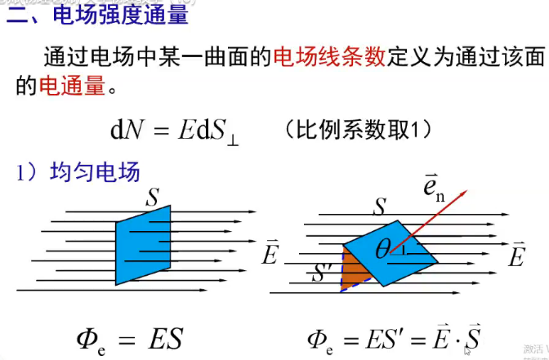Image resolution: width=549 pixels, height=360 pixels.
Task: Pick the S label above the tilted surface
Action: pyautogui.click(x=379, y=207)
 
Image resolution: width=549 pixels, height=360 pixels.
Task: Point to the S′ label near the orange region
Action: pyautogui.click(x=322, y=273)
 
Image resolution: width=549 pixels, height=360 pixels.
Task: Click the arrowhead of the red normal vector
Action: pyautogui.click(x=463, y=193)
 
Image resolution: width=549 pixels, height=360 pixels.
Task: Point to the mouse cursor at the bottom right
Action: pyautogui.click(x=467, y=351)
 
